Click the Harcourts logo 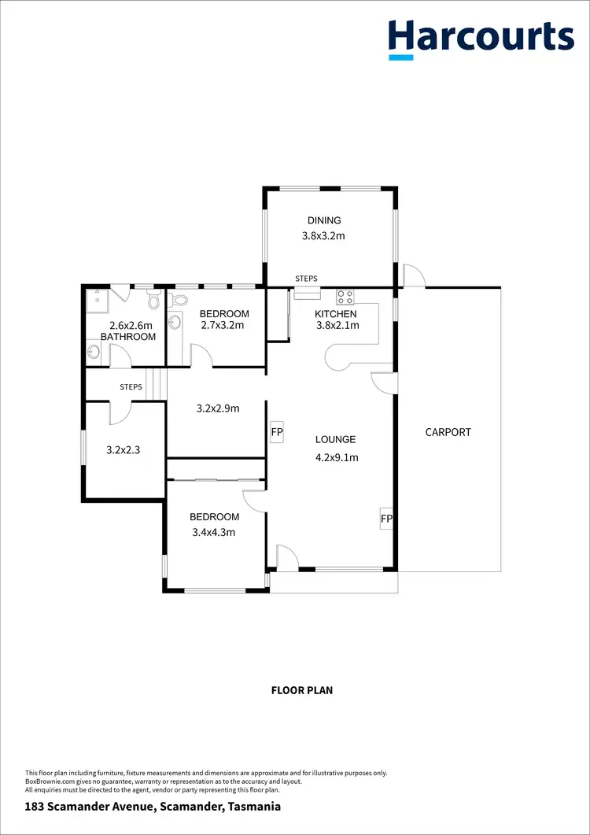point(481,38)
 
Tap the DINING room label point(324,220)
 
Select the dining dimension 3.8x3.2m point(324,235)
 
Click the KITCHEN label point(336,314)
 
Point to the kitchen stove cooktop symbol point(345,297)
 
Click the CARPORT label point(448,432)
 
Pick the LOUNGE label point(336,440)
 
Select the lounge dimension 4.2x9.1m point(337,457)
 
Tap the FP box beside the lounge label point(277,433)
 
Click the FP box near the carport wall point(386,519)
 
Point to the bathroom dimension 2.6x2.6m point(130,325)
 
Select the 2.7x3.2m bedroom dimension point(223,325)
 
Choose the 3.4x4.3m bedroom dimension point(214,532)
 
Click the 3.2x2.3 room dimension point(123,451)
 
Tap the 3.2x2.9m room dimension point(217,408)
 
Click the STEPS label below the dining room point(307,279)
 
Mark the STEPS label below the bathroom point(131,387)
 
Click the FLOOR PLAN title point(302,690)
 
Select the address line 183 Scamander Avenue point(153,807)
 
